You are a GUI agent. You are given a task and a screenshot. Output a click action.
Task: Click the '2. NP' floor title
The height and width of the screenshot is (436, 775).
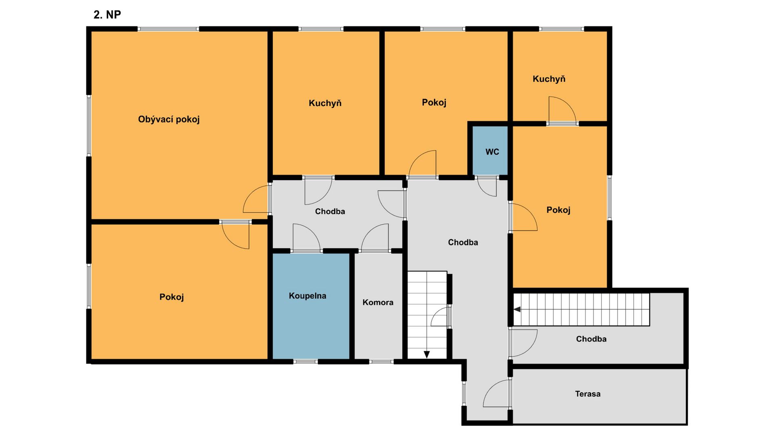coord(107,15)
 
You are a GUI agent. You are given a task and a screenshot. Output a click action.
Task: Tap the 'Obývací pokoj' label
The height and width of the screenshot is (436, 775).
coord(169,119)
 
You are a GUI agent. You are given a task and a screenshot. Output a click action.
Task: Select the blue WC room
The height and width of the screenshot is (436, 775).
coord(490,150)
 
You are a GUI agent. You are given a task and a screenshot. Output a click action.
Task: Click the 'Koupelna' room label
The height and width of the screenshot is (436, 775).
coord(307,296)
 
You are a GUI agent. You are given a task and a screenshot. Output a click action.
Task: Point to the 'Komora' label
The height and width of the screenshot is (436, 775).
coord(378,302)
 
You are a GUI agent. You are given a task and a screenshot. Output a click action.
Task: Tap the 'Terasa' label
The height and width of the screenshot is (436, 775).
coord(588,394)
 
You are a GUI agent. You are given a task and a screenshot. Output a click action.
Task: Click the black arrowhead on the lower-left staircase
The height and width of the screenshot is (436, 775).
coord(427,354)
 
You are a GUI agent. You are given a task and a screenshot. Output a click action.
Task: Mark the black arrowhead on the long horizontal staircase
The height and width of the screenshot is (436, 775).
coord(517,310)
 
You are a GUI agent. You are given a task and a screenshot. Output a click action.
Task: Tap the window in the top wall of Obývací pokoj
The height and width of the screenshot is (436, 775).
coord(168,29)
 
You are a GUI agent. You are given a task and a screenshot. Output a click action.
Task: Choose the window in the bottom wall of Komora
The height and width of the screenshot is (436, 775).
coord(381,362)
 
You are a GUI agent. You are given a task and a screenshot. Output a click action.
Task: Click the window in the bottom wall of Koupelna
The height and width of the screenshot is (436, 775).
coord(306,362)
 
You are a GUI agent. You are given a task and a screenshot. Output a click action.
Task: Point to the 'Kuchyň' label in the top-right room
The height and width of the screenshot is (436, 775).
coord(549,79)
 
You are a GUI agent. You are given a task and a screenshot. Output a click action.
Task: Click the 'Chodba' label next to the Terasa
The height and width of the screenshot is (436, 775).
coord(591,339)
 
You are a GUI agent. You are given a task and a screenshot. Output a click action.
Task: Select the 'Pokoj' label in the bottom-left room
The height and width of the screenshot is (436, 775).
coord(172,297)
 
